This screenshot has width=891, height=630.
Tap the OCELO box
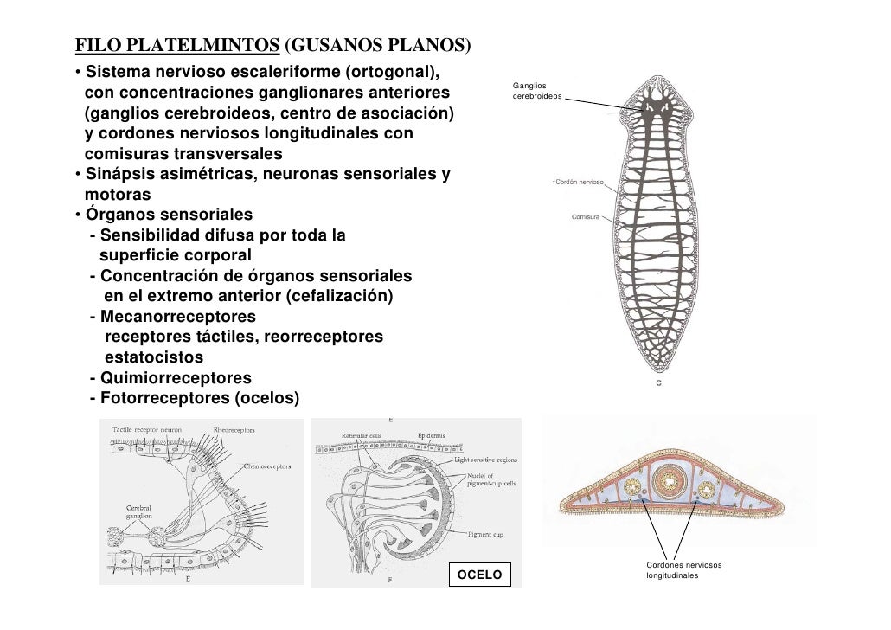pos(479,574)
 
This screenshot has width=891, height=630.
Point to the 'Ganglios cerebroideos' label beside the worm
pos(536,91)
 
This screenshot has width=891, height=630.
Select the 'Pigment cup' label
pos(485,535)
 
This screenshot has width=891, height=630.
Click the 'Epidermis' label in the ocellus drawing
pos(433,435)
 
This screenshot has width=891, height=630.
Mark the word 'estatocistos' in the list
pos(154,357)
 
